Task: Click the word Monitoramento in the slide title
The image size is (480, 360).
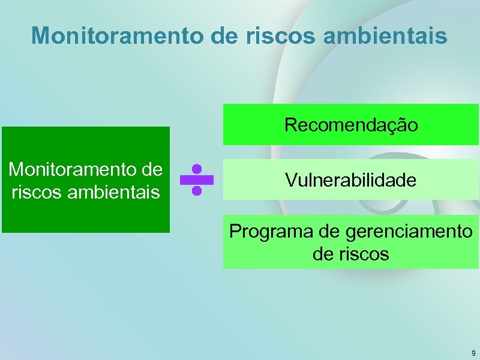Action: coord(118,35)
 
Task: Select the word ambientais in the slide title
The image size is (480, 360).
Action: coord(383,35)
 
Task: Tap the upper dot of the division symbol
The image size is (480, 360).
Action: coord(196,169)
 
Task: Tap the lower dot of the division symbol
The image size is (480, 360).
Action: coord(196,191)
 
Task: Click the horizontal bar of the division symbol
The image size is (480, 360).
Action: coord(196,180)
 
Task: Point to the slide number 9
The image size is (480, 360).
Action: coord(473,353)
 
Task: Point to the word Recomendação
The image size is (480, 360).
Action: coord(351,125)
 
